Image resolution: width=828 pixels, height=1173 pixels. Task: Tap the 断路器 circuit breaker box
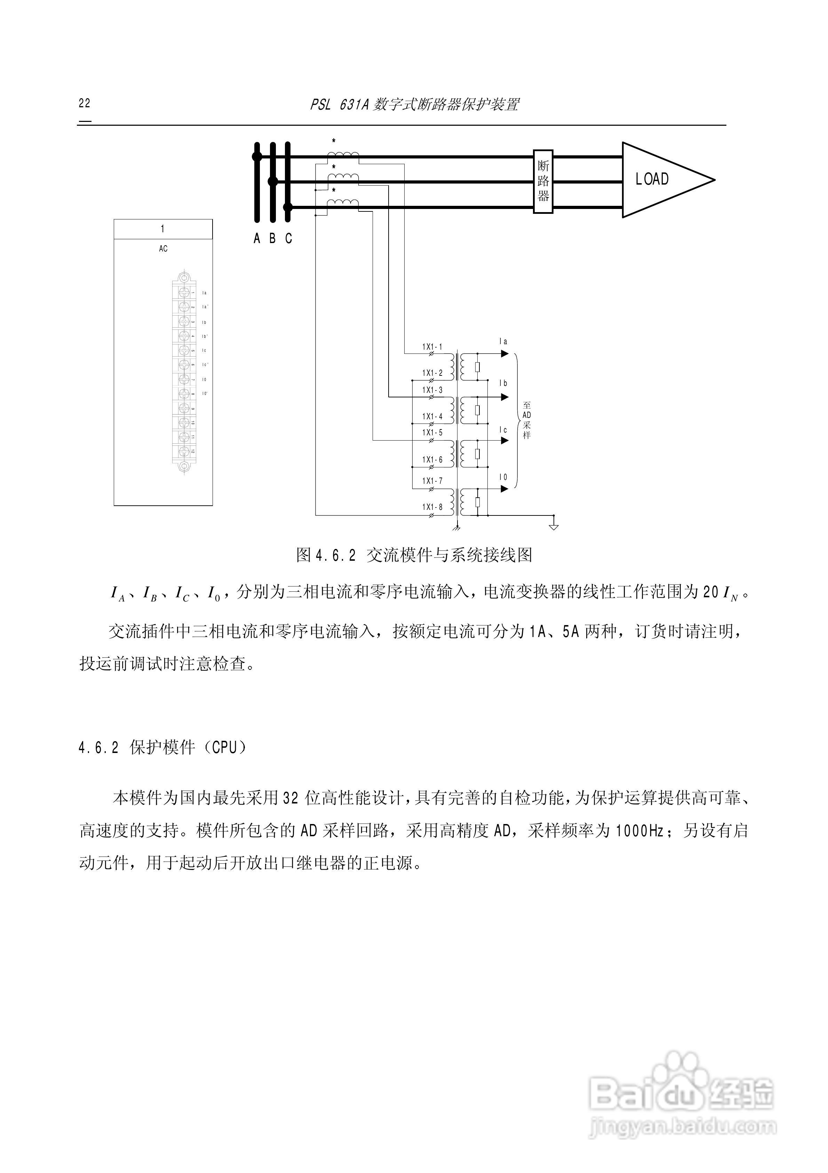click(x=543, y=181)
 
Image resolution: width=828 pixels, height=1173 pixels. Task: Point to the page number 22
click(x=84, y=103)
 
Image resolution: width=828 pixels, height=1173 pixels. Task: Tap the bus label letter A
click(x=257, y=239)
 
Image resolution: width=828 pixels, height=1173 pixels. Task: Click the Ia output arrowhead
click(x=504, y=354)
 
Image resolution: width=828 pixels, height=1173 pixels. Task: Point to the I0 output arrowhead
click(x=504, y=489)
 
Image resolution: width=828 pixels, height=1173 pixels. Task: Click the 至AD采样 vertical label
click(x=527, y=420)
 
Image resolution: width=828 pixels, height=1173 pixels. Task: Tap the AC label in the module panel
click(x=163, y=249)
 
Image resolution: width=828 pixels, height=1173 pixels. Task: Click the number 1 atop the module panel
click(x=163, y=229)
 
